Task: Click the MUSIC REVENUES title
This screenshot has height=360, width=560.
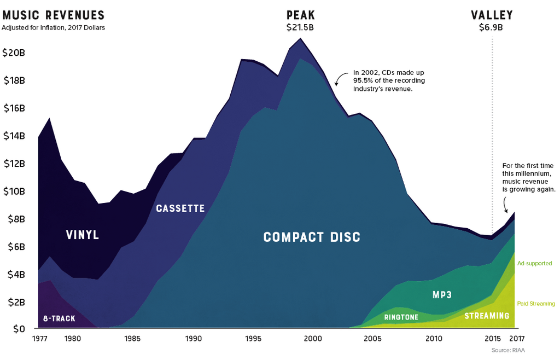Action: tap(54, 15)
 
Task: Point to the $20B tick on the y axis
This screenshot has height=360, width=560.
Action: tap(14, 53)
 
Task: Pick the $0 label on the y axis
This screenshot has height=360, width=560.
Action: tap(20, 329)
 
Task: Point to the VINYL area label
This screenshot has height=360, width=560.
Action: tap(83, 236)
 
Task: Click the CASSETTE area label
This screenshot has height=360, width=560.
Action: tap(180, 208)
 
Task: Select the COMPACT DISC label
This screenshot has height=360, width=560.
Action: tap(312, 237)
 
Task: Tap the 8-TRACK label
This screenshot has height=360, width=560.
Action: tap(59, 318)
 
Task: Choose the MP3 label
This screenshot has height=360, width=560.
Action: tap(442, 295)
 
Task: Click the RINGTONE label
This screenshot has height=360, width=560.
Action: tap(401, 317)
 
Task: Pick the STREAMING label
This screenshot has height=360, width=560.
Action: tap(487, 316)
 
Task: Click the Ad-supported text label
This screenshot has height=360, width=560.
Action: tap(534, 264)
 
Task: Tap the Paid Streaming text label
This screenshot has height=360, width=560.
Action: tap(536, 304)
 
